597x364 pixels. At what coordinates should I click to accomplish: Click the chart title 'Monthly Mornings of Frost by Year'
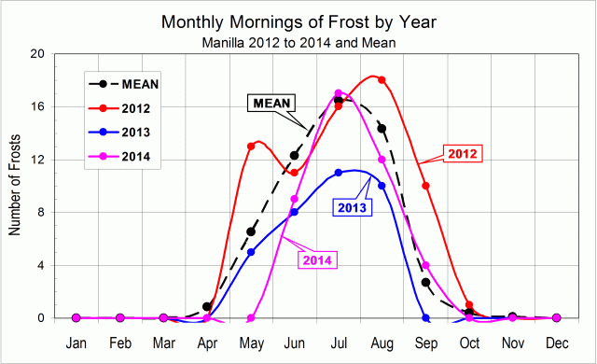pos(298,21)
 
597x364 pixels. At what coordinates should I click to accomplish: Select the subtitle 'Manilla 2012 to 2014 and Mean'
pos(298,42)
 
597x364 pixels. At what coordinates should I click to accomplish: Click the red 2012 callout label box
pos(464,152)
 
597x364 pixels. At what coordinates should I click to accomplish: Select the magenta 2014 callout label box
pos(318,259)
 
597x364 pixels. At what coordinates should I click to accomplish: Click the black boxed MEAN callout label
pos(271,103)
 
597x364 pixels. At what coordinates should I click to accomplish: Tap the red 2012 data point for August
pos(382,80)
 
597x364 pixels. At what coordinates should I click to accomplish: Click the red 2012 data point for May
pos(251,147)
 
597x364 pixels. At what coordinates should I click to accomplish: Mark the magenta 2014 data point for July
pos(339,93)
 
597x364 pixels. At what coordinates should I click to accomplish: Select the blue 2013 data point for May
pos(251,252)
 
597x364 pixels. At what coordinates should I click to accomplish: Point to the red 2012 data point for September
pos(425,186)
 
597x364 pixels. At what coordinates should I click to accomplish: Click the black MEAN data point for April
pos(207,307)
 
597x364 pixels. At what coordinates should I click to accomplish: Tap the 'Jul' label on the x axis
pos(339,343)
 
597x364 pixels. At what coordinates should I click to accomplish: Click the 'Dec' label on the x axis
pos(557,343)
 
